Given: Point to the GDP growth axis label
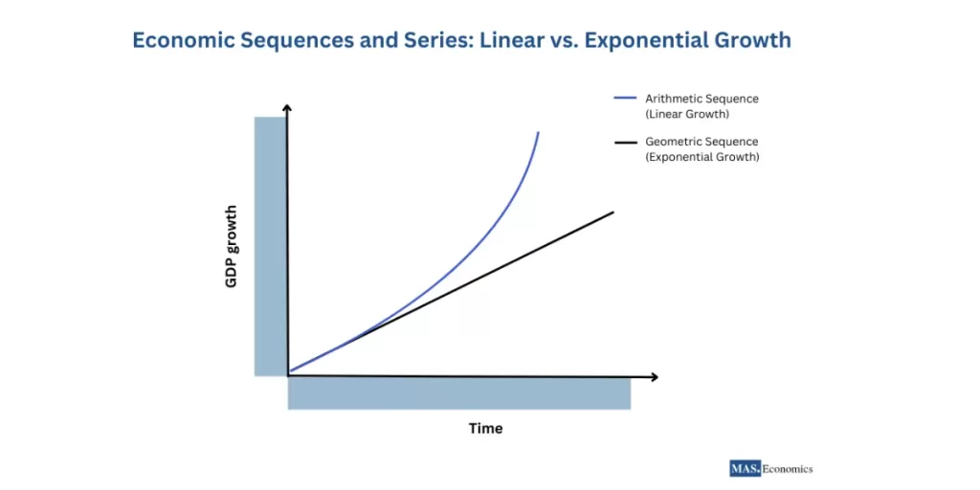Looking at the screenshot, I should [x=233, y=247].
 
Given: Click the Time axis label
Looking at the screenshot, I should [x=485, y=428].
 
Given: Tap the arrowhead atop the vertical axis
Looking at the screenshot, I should [x=287, y=109].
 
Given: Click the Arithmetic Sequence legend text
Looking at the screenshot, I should [x=702, y=99].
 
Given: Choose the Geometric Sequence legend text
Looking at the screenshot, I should [x=702, y=142].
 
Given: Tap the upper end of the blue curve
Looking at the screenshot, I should [x=538, y=133].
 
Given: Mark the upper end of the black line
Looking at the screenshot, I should [x=612, y=212].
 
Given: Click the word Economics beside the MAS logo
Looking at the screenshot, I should [x=787, y=469].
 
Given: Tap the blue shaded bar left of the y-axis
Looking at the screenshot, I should [x=269, y=246].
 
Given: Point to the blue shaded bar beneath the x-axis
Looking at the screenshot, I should [x=459, y=393].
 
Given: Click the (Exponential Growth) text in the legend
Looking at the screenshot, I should [x=702, y=157].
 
